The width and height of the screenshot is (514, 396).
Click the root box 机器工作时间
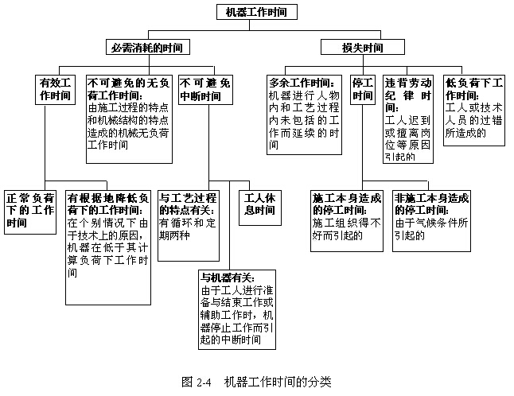[x=257, y=12]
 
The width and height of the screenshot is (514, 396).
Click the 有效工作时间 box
[x=55, y=89]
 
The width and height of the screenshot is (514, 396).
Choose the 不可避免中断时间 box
[x=205, y=89]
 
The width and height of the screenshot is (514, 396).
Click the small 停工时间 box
[x=362, y=89]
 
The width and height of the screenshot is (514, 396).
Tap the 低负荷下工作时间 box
[x=474, y=109]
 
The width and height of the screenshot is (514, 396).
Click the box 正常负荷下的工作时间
[x=29, y=209]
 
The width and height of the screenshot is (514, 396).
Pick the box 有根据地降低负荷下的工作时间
[x=108, y=235]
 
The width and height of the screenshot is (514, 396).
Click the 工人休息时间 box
[x=259, y=204]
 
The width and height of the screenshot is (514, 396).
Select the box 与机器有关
[x=238, y=309]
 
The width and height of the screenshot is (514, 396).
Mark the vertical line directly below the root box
[x=256, y=29]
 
